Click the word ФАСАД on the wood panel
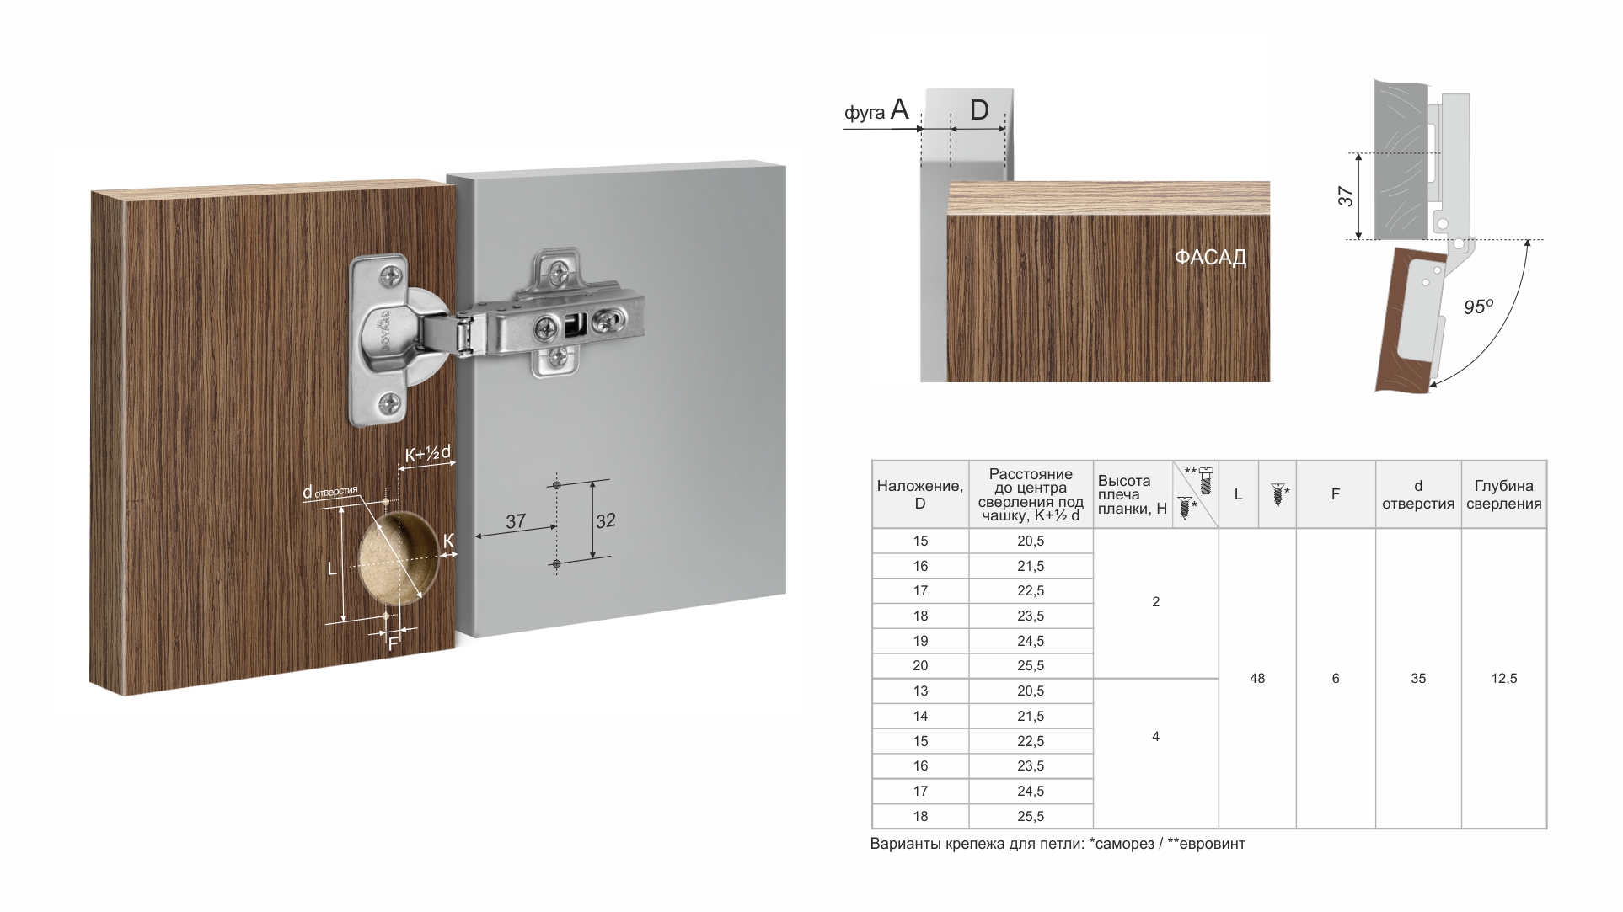pos(1210,258)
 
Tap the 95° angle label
pos(1478,307)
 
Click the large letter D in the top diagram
pos(978,110)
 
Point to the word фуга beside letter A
pos(864,113)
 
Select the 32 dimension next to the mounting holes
pos(606,520)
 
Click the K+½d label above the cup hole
pos(428,454)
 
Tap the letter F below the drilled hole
pos(393,644)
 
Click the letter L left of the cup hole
pos(332,569)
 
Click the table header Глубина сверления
pos(1504,494)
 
